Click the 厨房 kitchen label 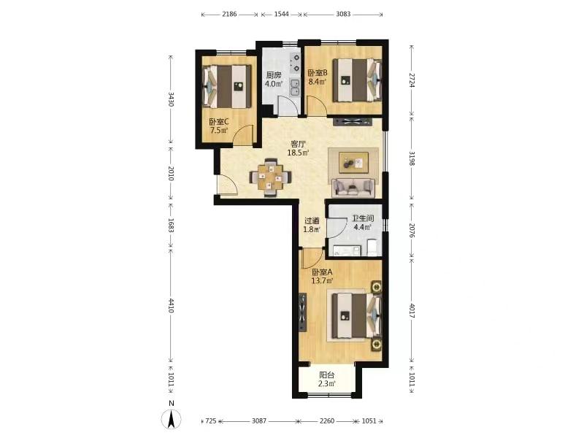[x=273, y=75]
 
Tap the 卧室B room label [x=318, y=72]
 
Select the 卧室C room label [x=218, y=122]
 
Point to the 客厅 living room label [x=298, y=144]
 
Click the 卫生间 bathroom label [x=363, y=218]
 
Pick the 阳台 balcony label [x=327, y=375]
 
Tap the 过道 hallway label [x=312, y=220]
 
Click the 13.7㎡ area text [x=322, y=280]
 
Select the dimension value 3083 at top [x=343, y=14]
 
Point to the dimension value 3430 [x=171, y=99]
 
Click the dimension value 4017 [x=412, y=311]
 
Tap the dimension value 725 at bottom [x=211, y=421]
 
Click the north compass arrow [x=172, y=419]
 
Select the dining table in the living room [x=270, y=177]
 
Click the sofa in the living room [x=353, y=188]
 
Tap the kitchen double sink [x=295, y=87]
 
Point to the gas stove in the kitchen [x=296, y=63]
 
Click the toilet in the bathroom [x=373, y=247]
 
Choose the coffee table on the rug [x=353, y=163]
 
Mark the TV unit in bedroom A [x=303, y=313]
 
